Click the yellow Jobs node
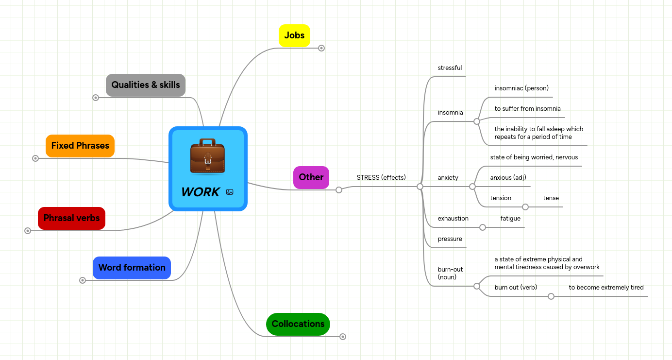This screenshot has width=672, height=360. (x=294, y=35)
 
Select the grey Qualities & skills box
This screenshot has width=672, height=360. (x=146, y=85)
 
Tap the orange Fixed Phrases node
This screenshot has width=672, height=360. (x=80, y=146)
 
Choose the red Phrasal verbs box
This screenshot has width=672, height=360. (x=71, y=218)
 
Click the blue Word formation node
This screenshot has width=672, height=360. (x=132, y=268)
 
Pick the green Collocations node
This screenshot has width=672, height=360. (x=298, y=324)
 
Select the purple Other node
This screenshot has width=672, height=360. (x=311, y=177)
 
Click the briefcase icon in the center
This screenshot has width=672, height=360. (x=207, y=156)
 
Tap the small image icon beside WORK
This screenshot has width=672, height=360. (x=230, y=192)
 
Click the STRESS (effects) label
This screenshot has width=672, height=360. (x=381, y=177)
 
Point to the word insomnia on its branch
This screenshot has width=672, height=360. (x=450, y=112)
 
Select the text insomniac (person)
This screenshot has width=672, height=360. (x=521, y=88)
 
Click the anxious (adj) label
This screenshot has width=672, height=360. (x=508, y=177)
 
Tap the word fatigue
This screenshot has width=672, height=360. (x=510, y=218)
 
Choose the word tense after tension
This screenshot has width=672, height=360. (x=551, y=198)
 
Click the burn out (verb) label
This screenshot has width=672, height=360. (x=516, y=287)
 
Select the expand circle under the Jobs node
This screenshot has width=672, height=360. (x=321, y=48)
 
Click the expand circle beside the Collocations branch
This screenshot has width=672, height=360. (x=343, y=337)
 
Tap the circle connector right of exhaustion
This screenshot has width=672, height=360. (x=482, y=227)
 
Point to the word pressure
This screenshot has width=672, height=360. (x=450, y=239)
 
